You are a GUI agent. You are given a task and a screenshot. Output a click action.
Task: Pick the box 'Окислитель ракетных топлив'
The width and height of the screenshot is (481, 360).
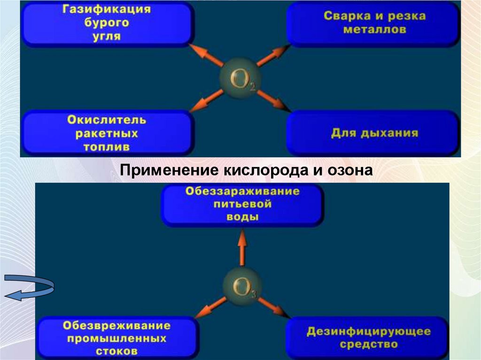pyautogui.click(x=107, y=133)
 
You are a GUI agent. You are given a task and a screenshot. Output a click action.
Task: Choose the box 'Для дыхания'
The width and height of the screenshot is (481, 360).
pyautogui.click(x=374, y=133)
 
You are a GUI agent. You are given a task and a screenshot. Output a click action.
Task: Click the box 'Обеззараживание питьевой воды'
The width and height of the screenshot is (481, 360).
pyautogui.click(x=242, y=205)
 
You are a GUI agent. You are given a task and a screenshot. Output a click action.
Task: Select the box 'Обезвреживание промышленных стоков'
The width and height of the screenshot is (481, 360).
pyautogui.click(x=116, y=337)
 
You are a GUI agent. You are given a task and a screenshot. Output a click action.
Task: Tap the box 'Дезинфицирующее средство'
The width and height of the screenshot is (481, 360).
pyautogui.click(x=368, y=337)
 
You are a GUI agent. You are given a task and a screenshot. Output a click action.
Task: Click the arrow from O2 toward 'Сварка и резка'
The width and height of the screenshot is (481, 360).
pyautogui.click(x=273, y=56)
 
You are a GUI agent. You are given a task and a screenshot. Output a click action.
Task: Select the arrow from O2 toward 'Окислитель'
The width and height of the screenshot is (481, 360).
pyautogui.click(x=207, y=100)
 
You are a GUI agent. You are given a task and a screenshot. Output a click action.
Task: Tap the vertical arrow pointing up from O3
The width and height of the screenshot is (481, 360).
pyautogui.click(x=242, y=249)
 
